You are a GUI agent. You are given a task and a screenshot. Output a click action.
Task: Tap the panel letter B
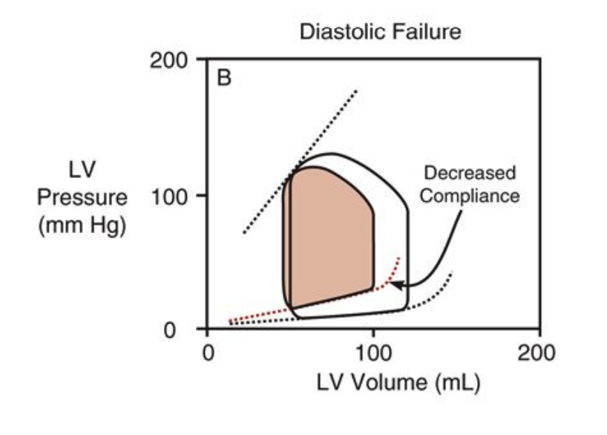pyautogui.click(x=224, y=78)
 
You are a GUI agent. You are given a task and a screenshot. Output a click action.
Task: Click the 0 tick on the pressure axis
pyautogui.click(x=179, y=330)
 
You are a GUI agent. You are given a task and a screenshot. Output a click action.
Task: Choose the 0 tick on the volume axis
pyautogui.click(x=207, y=352)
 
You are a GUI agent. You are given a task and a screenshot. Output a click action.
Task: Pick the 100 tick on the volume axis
pyautogui.click(x=373, y=352)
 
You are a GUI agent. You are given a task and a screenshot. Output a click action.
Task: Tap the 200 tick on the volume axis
pyautogui.click(x=539, y=352)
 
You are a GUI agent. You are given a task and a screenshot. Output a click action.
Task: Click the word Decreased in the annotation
pyautogui.click(x=469, y=174)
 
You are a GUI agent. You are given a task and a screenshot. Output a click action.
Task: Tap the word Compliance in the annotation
pyautogui.click(x=469, y=197)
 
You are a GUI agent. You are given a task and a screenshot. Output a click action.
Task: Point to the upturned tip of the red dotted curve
pyautogui.click(x=399, y=258)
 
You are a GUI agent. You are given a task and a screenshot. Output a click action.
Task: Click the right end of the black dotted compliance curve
pyautogui.click(x=451, y=274)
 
